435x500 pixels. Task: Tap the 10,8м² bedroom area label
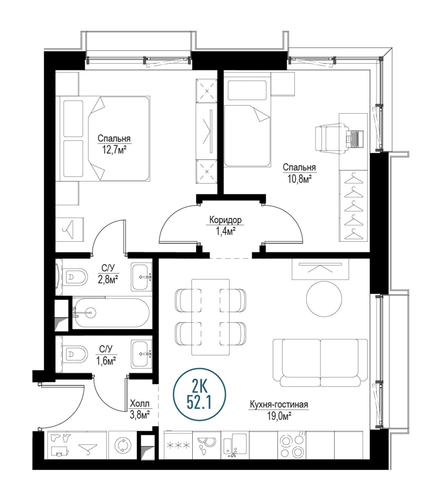coord(299,179)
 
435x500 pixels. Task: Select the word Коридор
coord(226,220)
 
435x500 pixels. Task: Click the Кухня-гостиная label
coord(279,404)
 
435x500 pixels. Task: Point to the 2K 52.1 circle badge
coord(199,394)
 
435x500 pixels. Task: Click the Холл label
coord(140,404)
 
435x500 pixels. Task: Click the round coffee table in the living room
coord(324,299)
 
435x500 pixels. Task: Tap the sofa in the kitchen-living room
coord(320,363)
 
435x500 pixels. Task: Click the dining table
coord(211,317)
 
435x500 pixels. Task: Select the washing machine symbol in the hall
coord(123,445)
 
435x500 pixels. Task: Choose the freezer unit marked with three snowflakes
coord(178,445)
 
